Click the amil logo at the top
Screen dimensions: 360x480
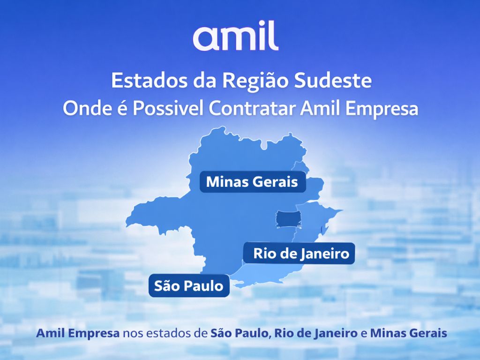[x=235, y=37]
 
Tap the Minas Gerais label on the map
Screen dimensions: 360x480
[x=252, y=182]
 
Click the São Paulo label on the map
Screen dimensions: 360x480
[x=188, y=286]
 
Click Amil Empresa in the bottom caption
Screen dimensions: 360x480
[x=77, y=334]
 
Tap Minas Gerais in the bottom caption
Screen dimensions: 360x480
[x=408, y=334]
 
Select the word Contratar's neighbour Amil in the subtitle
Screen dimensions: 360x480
[x=319, y=109]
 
